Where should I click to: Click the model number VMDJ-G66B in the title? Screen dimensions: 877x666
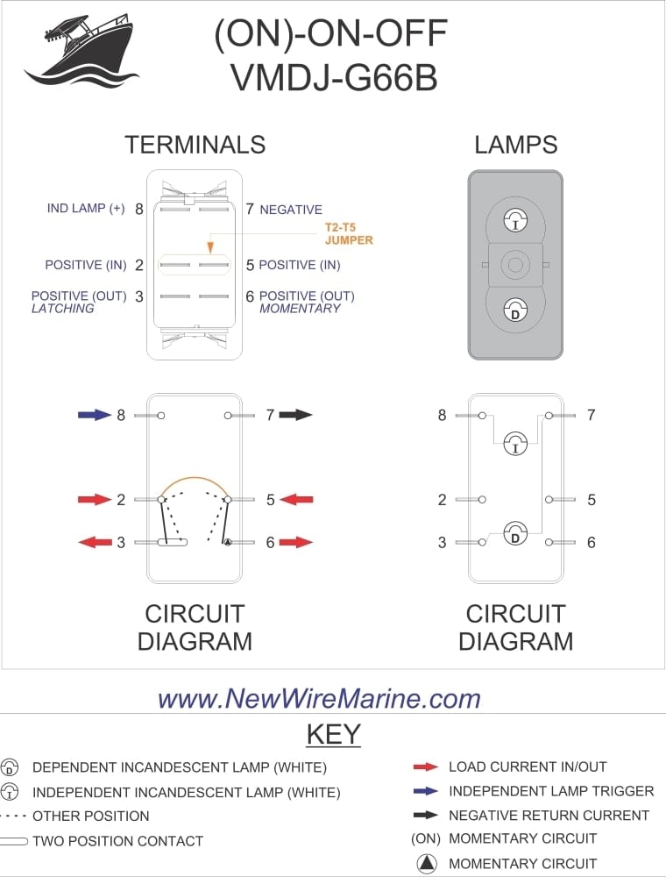coord(333,77)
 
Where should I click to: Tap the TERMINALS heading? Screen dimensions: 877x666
coord(195,144)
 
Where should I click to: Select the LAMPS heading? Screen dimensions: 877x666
coord(515,145)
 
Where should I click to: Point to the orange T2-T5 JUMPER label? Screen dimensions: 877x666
coord(348,233)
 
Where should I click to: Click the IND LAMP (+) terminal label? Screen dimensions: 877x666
coord(86,209)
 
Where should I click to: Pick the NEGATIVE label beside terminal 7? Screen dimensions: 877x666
coord(291,210)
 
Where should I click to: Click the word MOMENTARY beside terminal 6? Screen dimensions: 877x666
coord(300,309)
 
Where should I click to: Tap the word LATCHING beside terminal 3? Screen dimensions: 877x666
coord(62,309)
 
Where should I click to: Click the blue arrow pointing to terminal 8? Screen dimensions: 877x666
coord(95,415)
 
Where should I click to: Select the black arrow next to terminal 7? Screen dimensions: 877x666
coord(296,415)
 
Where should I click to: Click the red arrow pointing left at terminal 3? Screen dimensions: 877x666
coord(95,543)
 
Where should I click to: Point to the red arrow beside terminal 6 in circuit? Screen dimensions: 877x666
coord(296,543)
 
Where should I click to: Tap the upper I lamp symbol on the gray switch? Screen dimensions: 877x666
coord(515,221)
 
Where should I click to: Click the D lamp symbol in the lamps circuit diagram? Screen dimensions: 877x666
coord(515,534)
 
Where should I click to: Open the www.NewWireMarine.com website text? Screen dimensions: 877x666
coord(319,698)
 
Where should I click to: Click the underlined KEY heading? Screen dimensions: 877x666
coord(333,733)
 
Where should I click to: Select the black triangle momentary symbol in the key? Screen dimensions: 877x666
coord(426,864)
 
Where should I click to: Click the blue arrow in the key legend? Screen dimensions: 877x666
coord(426,791)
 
